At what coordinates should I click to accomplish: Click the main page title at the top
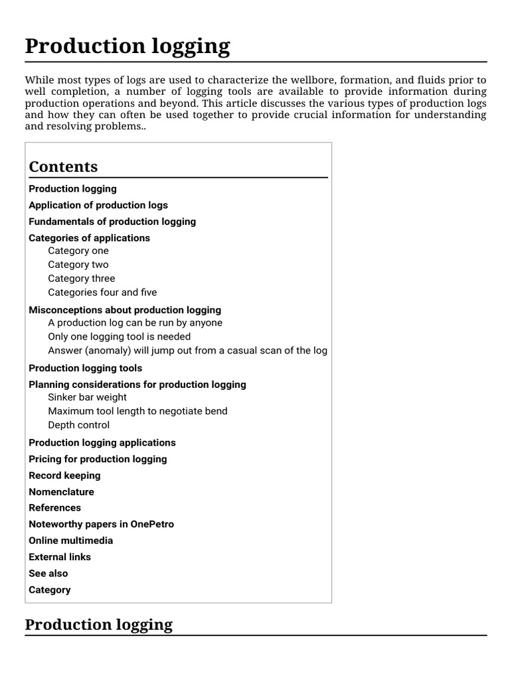pyautogui.click(x=127, y=46)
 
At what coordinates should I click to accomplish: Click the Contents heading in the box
pyautogui.click(x=63, y=166)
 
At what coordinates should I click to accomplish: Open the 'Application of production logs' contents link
pyautogui.click(x=98, y=205)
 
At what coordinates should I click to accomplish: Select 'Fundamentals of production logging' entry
pyautogui.click(x=112, y=221)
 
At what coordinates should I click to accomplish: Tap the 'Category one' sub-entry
pyautogui.click(x=78, y=251)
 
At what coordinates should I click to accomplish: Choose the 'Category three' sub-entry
pyautogui.click(x=81, y=278)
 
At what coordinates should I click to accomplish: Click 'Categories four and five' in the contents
pyautogui.click(x=102, y=292)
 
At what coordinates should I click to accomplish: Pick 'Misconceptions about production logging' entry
pyautogui.click(x=125, y=310)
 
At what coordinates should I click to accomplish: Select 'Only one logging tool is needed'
pyautogui.click(x=119, y=336)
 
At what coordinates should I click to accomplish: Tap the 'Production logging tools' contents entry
pyautogui.click(x=85, y=368)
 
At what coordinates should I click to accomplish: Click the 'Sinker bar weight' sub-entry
pyautogui.click(x=87, y=397)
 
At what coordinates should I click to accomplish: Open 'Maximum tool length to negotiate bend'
pyautogui.click(x=137, y=411)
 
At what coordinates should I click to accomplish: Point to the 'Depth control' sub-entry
pyautogui.click(x=78, y=425)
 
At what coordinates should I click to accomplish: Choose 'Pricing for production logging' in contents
pyautogui.click(x=98, y=459)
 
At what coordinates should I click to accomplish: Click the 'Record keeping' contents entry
pyautogui.click(x=64, y=475)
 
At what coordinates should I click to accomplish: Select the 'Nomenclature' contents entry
pyautogui.click(x=61, y=492)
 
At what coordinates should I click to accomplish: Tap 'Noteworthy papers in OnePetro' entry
pyautogui.click(x=101, y=524)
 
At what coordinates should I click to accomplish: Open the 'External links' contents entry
pyautogui.click(x=60, y=557)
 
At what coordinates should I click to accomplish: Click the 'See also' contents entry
pyautogui.click(x=48, y=574)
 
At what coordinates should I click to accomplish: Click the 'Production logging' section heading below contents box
pyautogui.click(x=98, y=625)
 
